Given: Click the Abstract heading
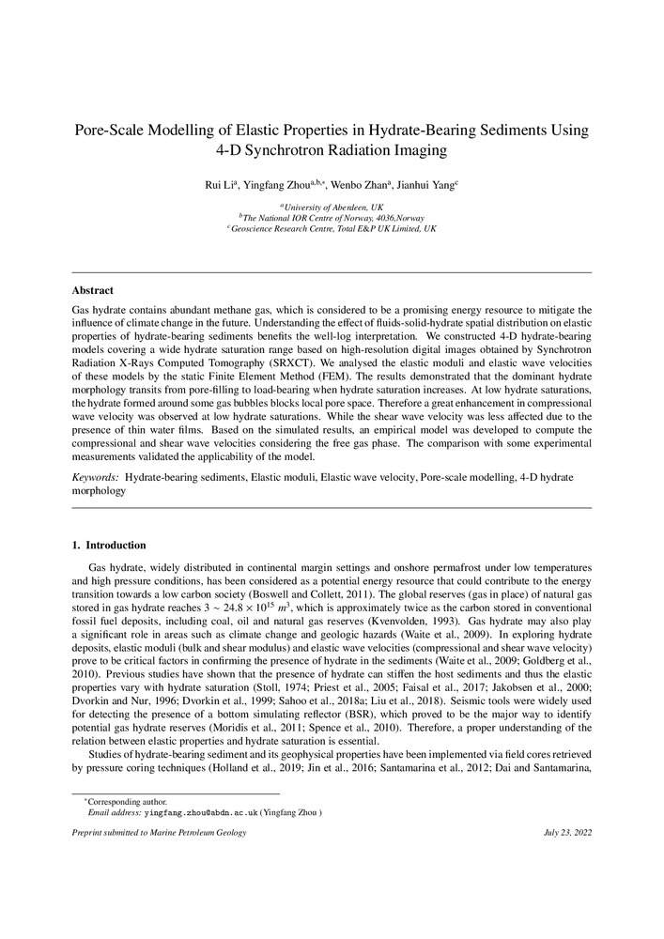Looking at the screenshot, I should [x=93, y=291].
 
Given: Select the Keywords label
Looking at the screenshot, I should [x=96, y=478].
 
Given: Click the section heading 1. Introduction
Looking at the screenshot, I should [x=109, y=546].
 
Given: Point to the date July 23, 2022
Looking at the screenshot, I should [x=567, y=833].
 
